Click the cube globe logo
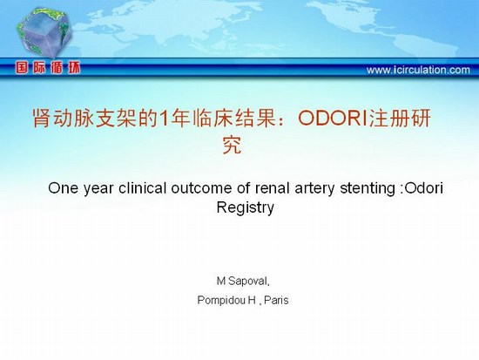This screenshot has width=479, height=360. (x=44, y=32)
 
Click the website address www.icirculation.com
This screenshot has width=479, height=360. (x=418, y=70)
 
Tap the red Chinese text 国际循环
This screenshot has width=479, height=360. (x=48, y=67)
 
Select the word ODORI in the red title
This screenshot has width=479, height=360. (x=333, y=118)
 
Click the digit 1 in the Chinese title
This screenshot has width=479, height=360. (x=164, y=119)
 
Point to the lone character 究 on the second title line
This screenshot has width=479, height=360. (x=233, y=145)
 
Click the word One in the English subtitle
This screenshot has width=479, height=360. (x=64, y=188)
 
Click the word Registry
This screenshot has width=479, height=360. (x=245, y=208)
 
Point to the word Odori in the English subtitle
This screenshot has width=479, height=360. (x=423, y=188)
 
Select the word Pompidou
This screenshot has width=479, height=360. (x=222, y=301)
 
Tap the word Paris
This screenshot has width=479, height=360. (x=276, y=301)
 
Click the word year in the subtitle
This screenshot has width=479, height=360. (x=98, y=189)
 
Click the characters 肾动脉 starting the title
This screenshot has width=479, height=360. (x=64, y=119)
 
